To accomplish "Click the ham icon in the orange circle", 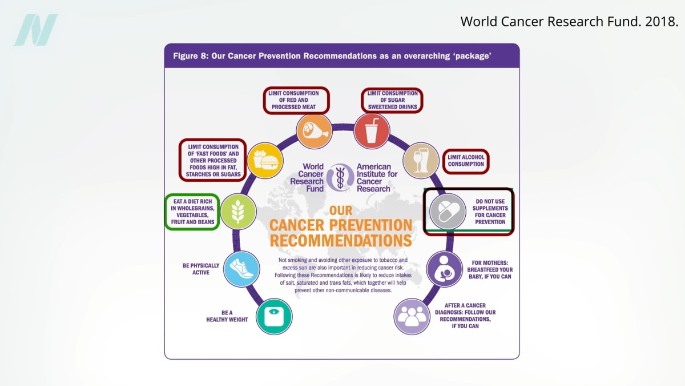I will coord(314,132).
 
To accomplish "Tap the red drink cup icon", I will coord(372,132).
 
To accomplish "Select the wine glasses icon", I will coord(421,161).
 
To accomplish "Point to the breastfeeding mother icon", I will coord(445,269).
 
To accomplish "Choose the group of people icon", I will coord(412,316).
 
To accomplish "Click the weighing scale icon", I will coord(274,316).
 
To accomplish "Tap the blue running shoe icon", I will coord(241,269).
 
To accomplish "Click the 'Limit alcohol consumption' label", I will coord(466,161).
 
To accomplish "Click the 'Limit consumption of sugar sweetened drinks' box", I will coord(392,100).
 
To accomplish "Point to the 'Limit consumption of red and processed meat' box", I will coord(296,100).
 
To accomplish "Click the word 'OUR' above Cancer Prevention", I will coord(341,210).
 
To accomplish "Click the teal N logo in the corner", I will coord(35,30).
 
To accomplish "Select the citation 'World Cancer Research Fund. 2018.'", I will coord(569,22).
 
